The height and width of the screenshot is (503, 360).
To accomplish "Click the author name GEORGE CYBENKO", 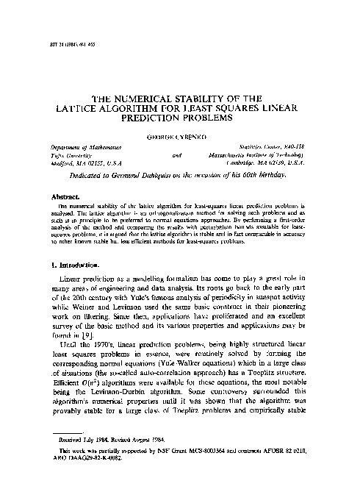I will (x=179, y=136).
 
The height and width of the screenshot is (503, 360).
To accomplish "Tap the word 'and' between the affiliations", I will (x=176, y=157).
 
